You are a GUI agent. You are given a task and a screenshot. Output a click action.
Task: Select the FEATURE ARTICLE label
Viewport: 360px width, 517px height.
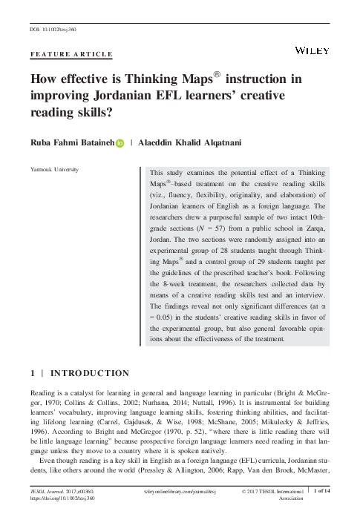[71, 54]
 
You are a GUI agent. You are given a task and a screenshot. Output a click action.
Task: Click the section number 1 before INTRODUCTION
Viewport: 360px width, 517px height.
[33, 372]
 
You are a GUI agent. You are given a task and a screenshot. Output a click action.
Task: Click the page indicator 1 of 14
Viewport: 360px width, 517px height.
[327, 492]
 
